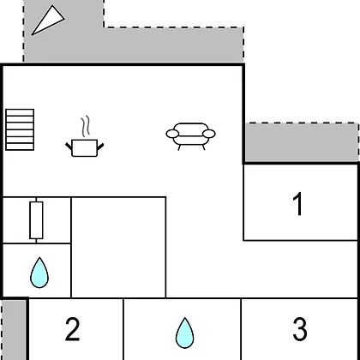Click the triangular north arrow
[x=48, y=21]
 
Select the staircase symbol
[x=20, y=129]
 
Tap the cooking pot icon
[x=85, y=148]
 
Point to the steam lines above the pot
[x=86, y=126]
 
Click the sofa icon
[x=191, y=136]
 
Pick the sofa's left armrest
[x=172, y=134]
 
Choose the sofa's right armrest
[x=209, y=134]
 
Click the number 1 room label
[x=298, y=204]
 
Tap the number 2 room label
[x=72, y=329]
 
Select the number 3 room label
[x=300, y=329]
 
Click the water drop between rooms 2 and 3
[x=184, y=333]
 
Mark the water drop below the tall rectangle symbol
[x=39, y=273]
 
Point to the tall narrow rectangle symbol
[x=36, y=220]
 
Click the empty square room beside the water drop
[x=118, y=248]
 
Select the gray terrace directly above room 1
[x=302, y=143]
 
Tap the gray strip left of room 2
[x=14, y=330]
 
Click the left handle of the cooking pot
[x=69, y=146]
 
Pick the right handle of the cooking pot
[x=100, y=147]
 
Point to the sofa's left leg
[x=179, y=147]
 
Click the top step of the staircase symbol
[x=20, y=112]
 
